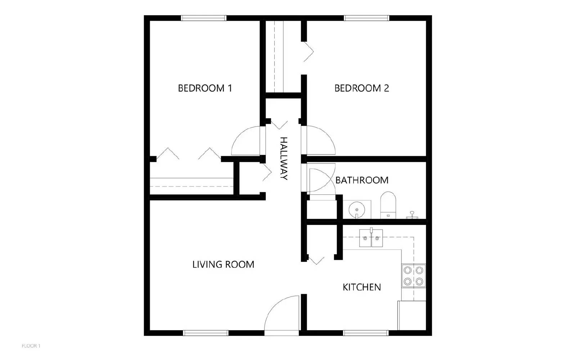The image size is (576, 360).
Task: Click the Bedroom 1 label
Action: [205, 88]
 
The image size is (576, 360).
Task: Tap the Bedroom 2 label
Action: [361, 88]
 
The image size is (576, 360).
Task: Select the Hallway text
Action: [284, 158]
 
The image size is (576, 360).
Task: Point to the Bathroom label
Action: [362, 180]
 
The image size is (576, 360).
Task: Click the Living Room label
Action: [223, 264]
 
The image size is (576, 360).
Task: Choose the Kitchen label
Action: [362, 287]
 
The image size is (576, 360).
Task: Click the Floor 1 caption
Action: [31, 346]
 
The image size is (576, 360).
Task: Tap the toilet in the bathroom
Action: [388, 205]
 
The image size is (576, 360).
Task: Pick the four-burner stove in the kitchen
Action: [414, 276]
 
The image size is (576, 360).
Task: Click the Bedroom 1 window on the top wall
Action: [204, 18]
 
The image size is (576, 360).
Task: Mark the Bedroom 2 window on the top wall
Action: [366, 18]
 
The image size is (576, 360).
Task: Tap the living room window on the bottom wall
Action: [206, 333]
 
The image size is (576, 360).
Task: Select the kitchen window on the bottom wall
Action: [366, 333]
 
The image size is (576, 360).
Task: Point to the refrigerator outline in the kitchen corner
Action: [412, 315]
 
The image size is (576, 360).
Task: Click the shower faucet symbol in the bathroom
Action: [412, 216]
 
